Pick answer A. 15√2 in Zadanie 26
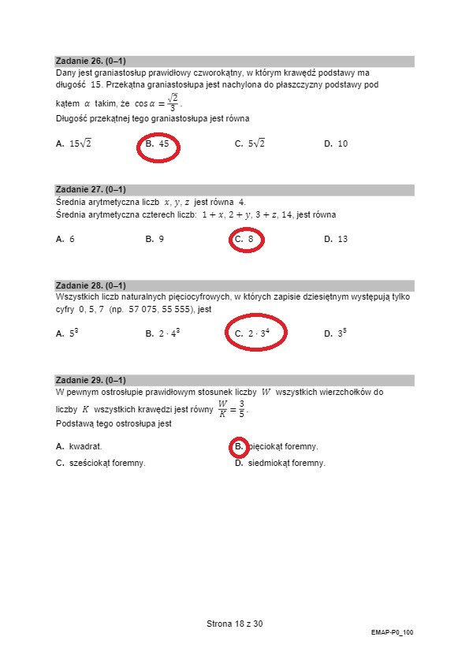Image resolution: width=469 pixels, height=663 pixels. (x=74, y=144)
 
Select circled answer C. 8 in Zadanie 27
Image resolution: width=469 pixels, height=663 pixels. (x=245, y=239)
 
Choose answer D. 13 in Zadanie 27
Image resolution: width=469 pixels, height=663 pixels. (x=336, y=239)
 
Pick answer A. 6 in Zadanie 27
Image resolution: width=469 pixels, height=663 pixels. (x=65, y=239)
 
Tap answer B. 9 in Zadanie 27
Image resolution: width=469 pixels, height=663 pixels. (x=155, y=239)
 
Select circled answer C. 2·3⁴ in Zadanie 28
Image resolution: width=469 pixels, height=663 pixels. (x=253, y=333)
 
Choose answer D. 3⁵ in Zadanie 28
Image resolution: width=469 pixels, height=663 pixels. (x=335, y=333)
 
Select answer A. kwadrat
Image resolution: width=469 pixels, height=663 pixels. (x=79, y=446)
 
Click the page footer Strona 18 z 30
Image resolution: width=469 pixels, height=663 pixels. (x=234, y=624)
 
